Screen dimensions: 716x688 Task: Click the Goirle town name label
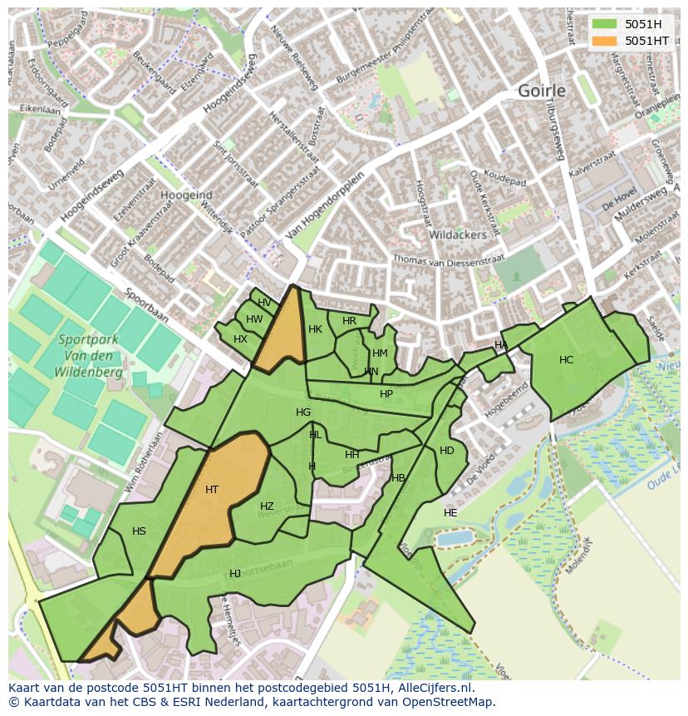click(542, 91)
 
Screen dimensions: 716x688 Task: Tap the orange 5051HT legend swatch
click(606, 41)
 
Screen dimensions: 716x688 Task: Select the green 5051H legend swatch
click(606, 24)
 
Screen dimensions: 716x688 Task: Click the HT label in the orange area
click(212, 490)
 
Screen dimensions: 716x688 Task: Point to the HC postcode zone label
click(566, 360)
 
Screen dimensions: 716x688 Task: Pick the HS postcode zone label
click(139, 531)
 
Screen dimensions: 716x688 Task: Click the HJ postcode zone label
click(235, 574)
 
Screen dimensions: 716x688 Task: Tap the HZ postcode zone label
click(267, 506)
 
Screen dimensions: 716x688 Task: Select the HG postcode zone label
click(303, 412)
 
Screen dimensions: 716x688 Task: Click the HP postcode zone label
click(386, 394)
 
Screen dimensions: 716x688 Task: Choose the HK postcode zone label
click(315, 329)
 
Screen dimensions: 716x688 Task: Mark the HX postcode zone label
click(240, 339)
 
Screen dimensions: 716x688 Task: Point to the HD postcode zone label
click(447, 451)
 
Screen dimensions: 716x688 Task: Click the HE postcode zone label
click(450, 513)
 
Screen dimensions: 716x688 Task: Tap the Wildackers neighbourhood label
click(457, 235)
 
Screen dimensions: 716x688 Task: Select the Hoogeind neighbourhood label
click(186, 195)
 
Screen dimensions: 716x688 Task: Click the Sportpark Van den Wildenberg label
click(90, 356)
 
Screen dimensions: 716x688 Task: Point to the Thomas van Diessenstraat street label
click(449, 260)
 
